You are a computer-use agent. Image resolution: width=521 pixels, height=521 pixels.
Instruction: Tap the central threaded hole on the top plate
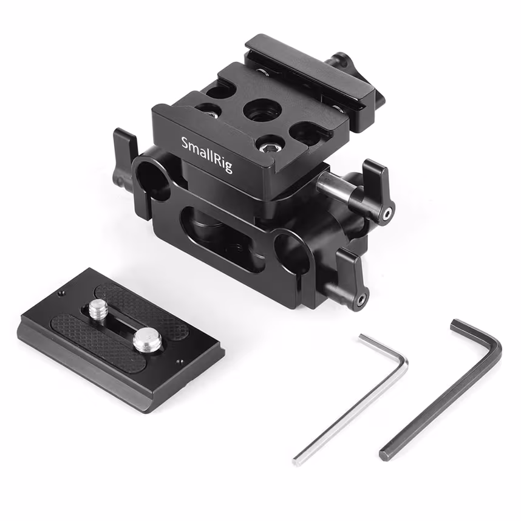coord(262,111)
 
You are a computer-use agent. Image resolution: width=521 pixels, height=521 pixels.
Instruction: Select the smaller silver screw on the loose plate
coord(98,310)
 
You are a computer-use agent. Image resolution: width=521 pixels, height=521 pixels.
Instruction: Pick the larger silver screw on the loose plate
coord(148,339)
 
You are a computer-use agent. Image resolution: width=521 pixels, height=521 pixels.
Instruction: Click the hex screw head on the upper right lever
coord(385,213)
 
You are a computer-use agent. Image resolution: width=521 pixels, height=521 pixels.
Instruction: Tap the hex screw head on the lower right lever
coord(361,299)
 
